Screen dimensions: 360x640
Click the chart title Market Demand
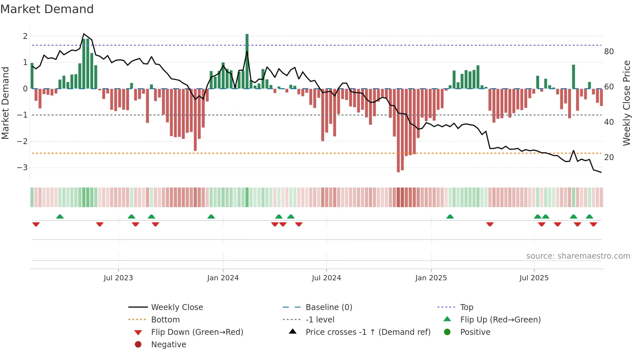click(x=47, y=9)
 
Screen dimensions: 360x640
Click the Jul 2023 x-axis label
click(x=118, y=278)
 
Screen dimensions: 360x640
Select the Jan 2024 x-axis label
click(x=223, y=278)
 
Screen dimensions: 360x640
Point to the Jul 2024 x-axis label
click(x=326, y=278)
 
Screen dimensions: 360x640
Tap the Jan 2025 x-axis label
click(x=431, y=278)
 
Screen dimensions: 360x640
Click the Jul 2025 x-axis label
click(x=534, y=278)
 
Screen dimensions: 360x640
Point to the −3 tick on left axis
click(x=22, y=168)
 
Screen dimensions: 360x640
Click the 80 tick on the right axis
click(x=609, y=52)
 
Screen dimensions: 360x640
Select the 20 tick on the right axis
click(x=609, y=157)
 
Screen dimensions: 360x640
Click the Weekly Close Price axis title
click(x=626, y=103)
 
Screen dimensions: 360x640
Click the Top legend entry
click(x=467, y=307)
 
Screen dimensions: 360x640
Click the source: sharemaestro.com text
click(x=578, y=256)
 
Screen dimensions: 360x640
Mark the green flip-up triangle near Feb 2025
click(x=450, y=217)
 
